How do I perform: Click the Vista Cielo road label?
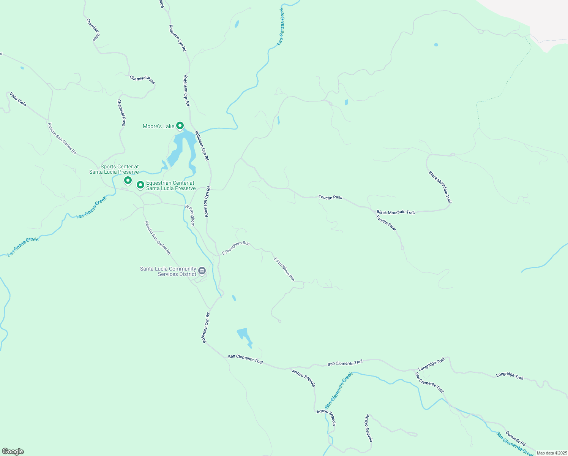click(x=18, y=99)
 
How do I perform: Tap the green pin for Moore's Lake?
click(x=180, y=125)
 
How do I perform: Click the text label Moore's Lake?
click(x=158, y=126)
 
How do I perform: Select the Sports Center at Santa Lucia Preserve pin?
click(x=128, y=180)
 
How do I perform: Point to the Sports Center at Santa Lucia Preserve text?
click(x=114, y=169)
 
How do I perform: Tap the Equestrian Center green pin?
click(x=140, y=185)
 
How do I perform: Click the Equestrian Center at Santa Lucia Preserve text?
click(x=171, y=185)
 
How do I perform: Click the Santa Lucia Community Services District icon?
click(x=202, y=271)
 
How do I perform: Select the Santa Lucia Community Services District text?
click(x=168, y=271)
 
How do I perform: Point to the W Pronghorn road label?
click(x=190, y=215)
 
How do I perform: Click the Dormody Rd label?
click(x=516, y=439)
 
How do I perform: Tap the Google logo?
click(x=13, y=451)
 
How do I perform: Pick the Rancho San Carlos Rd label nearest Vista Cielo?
click(x=62, y=138)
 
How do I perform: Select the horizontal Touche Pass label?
click(x=330, y=197)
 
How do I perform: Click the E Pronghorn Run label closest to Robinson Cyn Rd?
click(x=236, y=247)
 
